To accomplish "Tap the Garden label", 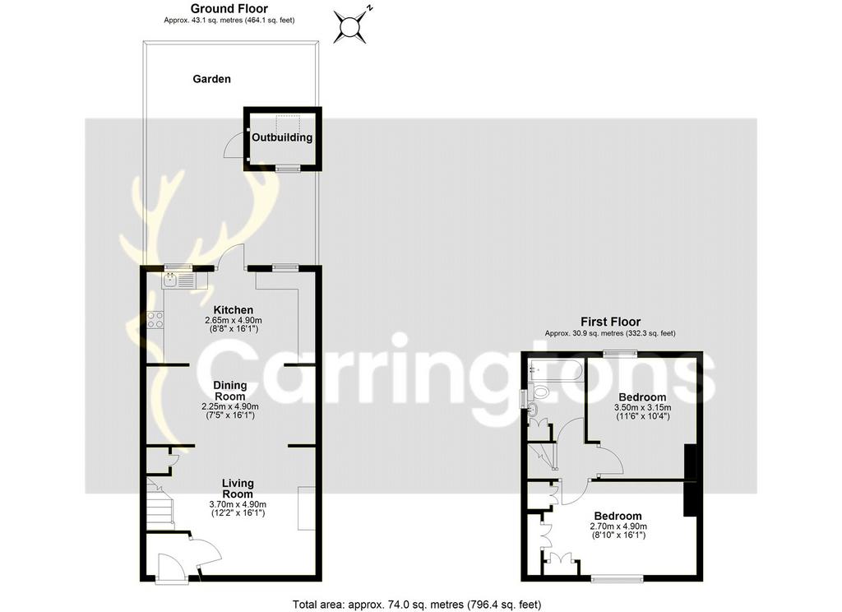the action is coord(211,79).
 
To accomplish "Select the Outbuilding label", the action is coord(282,137).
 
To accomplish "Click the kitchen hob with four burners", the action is coord(155,320).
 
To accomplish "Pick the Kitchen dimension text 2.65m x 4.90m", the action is coord(233,320).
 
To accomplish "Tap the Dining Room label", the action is coord(230,391).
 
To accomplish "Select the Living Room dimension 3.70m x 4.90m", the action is coord(238,504).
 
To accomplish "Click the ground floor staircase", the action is coord(160,504).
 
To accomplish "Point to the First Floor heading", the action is coord(611,322).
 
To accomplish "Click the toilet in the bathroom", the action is coord(539,392).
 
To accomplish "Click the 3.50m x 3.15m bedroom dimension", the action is coord(642,408).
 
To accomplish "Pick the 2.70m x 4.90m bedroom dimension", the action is coord(618,526).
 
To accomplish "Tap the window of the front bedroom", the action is coord(617,578).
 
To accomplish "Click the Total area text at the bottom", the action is coord(417,605).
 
